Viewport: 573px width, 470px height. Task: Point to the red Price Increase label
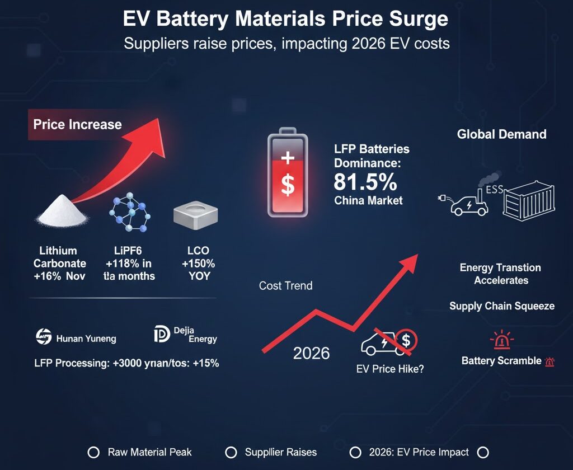(77, 124)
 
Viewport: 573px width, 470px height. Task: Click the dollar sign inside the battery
(287, 185)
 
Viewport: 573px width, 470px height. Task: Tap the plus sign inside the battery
(287, 158)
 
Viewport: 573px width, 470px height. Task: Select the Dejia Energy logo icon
(161, 335)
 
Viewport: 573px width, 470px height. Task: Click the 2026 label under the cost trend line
(312, 354)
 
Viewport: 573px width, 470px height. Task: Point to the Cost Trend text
(285, 285)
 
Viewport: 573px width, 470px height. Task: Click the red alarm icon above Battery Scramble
(501, 340)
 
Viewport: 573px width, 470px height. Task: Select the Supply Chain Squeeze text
(501, 306)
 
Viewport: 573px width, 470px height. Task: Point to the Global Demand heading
(501, 134)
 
